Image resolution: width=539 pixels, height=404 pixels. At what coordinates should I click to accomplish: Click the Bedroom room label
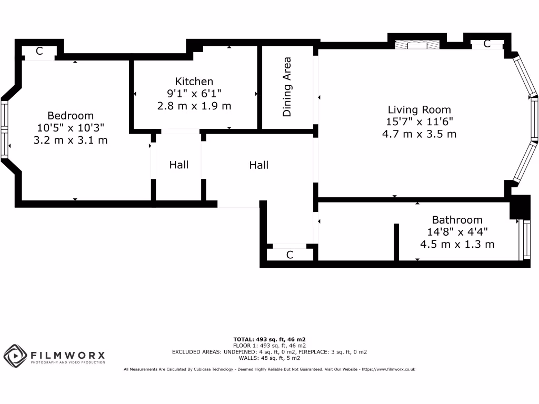[71, 115]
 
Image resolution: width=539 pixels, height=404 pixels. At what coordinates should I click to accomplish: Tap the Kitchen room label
[194, 82]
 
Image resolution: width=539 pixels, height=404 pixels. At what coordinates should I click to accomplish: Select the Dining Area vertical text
[287, 87]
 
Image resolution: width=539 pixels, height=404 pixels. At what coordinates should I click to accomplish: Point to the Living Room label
[419, 110]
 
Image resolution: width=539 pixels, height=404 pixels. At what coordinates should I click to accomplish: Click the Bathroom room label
[457, 220]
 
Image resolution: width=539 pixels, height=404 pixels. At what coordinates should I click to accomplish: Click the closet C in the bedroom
[39, 51]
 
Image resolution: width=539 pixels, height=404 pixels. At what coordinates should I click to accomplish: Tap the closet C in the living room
[487, 44]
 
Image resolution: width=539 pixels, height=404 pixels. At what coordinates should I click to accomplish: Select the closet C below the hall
[290, 255]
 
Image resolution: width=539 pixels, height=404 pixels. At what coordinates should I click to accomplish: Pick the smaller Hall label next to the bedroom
[179, 165]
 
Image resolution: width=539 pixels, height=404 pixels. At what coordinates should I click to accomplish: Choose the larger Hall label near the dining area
[258, 165]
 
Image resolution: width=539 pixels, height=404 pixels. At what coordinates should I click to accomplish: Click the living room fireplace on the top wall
[418, 46]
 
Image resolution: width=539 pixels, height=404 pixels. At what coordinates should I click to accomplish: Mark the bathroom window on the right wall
[525, 240]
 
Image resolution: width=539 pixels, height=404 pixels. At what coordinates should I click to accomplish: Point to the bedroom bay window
[5, 129]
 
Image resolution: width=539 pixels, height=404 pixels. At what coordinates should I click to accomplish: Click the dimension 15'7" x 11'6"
[419, 122]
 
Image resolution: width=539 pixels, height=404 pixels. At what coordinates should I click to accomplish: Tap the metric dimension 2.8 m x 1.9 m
[194, 106]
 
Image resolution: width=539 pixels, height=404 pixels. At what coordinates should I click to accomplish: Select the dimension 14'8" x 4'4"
[457, 232]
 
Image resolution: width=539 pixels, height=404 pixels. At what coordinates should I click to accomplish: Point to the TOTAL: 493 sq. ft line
[269, 339]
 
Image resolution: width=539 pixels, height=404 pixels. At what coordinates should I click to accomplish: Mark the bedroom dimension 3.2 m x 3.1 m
[71, 140]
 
